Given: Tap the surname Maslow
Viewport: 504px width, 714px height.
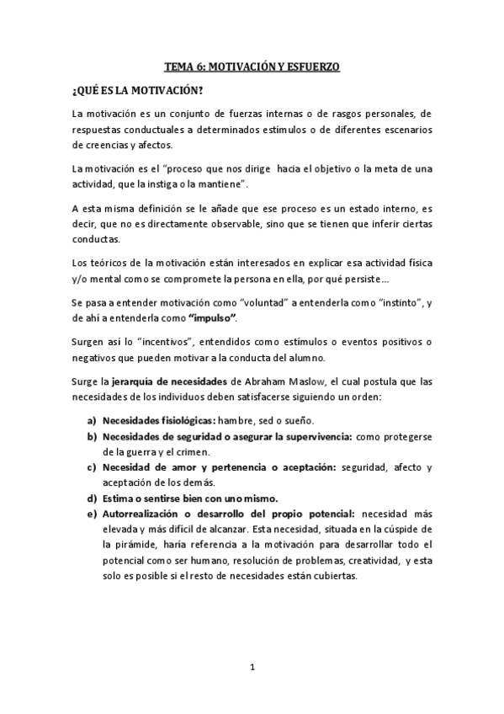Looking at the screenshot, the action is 294,379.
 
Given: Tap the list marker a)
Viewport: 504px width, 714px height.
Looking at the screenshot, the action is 89,420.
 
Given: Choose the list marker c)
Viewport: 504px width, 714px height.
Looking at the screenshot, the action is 89,468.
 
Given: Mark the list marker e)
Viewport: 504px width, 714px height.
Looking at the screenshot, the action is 89,513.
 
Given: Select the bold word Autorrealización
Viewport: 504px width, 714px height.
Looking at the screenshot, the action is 144,513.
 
